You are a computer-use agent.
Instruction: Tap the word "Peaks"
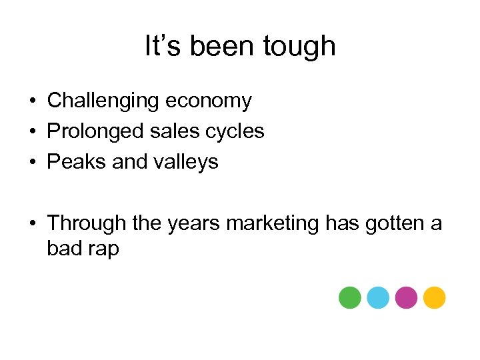(x=71, y=161)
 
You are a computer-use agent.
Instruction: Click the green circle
(x=349, y=297)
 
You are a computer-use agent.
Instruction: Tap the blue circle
(x=378, y=297)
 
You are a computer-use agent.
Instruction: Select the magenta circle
(x=406, y=297)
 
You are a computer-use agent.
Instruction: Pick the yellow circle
(x=434, y=297)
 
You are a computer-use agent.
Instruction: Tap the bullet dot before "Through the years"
(x=32, y=223)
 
